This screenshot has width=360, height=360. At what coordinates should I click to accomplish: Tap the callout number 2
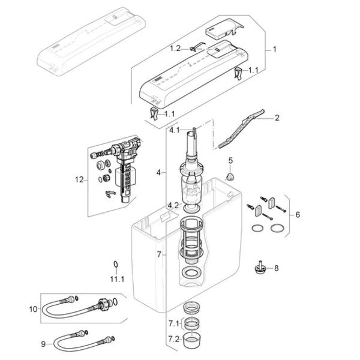click(277, 118)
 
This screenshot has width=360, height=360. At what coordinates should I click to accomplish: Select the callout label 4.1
click(175, 130)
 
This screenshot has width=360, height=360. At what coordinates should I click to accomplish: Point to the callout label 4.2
click(173, 205)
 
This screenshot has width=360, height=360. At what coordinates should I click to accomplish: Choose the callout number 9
click(43, 344)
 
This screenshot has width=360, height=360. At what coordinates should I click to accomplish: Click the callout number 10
click(33, 310)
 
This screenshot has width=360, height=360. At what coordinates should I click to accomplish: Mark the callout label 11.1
click(116, 279)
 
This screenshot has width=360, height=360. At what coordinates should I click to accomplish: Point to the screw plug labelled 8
click(260, 268)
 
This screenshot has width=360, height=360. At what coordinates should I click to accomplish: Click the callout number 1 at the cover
click(275, 49)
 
